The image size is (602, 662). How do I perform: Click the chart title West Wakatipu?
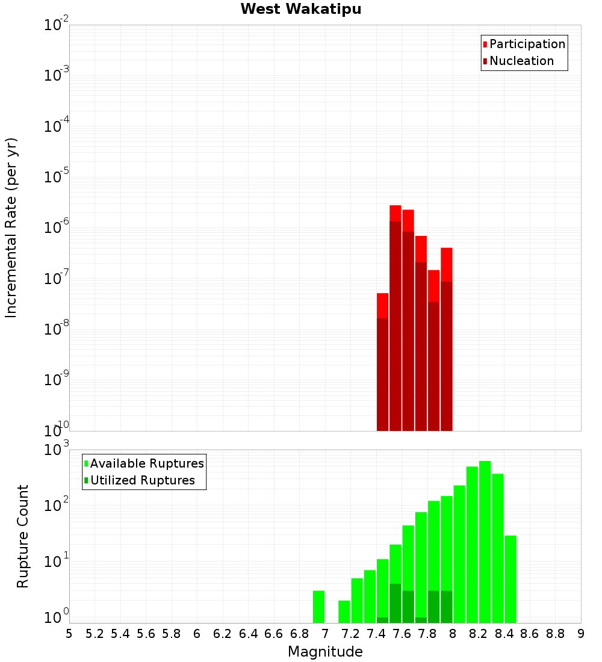click(x=301, y=10)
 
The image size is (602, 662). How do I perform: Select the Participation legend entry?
click(x=527, y=44)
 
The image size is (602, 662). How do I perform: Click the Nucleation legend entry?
click(x=521, y=61)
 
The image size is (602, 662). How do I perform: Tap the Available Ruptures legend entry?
click(x=146, y=463)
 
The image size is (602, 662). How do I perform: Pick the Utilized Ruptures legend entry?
click(x=142, y=480)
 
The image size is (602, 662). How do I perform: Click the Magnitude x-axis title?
click(x=325, y=652)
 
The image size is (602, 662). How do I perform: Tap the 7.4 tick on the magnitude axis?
click(x=376, y=634)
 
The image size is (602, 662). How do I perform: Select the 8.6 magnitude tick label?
click(x=530, y=634)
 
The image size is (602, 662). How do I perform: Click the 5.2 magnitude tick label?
click(x=95, y=634)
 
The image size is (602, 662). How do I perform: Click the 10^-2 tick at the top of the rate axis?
click(x=55, y=25)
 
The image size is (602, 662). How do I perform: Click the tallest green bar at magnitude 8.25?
click(x=485, y=542)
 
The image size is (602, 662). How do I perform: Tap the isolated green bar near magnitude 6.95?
click(x=318, y=607)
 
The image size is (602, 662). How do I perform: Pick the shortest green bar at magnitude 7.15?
click(x=344, y=611)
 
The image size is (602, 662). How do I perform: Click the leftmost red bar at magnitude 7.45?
click(x=382, y=361)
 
